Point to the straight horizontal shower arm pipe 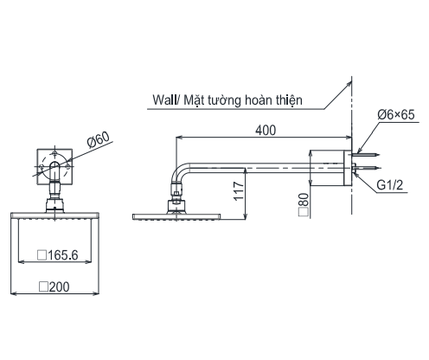coord(251,165)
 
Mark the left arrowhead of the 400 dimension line coord(180,137)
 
